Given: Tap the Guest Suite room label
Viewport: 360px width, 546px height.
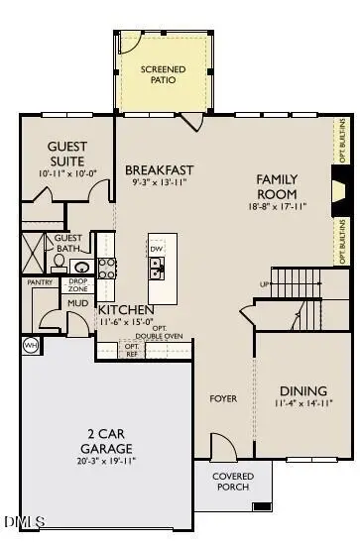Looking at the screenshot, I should pos(66,154).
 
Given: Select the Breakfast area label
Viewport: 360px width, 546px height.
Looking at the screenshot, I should pos(159,170).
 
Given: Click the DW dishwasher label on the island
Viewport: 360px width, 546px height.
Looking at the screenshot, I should pos(156,248).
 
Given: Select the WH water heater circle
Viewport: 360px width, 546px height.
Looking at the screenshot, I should pos(30,345).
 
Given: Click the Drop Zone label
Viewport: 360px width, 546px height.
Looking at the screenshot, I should pos(77,284).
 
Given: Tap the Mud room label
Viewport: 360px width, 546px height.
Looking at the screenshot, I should pos(76,302).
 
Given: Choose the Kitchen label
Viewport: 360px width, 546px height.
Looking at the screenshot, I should pos(126,310).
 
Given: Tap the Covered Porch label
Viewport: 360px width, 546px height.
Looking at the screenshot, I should pos(235,482).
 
